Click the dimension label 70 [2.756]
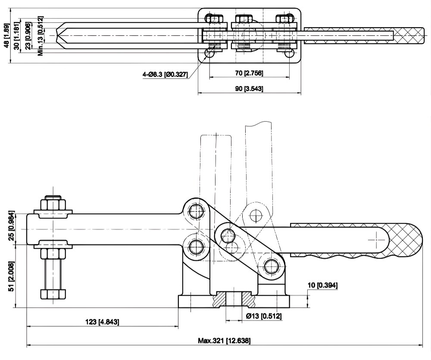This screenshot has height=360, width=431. coord(249,73)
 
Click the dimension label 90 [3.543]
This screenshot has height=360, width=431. coord(249,89)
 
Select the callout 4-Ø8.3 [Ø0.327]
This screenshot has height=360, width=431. coord(165,75)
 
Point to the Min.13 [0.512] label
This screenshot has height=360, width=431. coord(40,36)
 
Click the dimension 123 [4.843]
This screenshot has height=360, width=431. coord(102,322)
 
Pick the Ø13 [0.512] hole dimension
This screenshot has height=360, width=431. coord(264,316)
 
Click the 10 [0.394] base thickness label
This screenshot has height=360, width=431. coord(322,285)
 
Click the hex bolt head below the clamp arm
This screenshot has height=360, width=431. coord(53,294)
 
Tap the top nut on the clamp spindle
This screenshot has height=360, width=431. coord(53,203)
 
